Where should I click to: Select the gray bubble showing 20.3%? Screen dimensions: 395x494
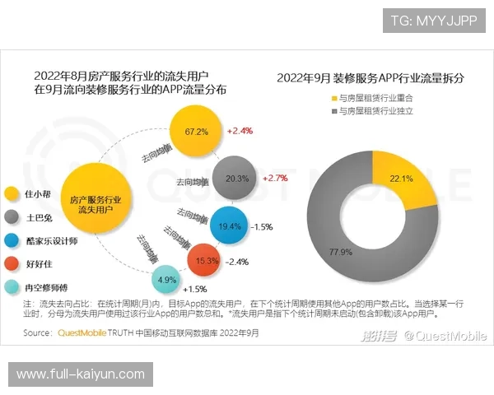[237, 178]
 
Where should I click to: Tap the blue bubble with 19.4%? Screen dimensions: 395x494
[230, 225]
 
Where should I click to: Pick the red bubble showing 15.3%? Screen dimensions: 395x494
[207, 261]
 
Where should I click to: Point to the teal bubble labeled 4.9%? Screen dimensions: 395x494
[167, 279]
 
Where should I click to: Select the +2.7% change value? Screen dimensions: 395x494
[275, 178]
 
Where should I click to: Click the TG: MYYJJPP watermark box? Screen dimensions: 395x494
[434, 19]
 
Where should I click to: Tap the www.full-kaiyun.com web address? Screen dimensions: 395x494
[81, 374]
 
